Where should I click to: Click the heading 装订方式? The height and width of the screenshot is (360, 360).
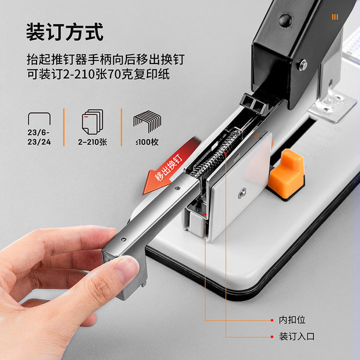coord(64,32)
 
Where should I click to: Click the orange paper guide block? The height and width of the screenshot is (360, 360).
coord(287,174)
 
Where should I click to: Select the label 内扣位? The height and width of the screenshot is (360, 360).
coord(292,320)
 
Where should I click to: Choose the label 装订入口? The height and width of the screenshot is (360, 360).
coord(296,336)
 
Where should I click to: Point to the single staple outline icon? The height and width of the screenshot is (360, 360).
coord(39,118)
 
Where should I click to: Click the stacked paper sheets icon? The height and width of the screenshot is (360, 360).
coord(92,121)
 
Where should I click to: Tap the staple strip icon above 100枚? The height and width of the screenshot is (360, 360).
coord(147,121)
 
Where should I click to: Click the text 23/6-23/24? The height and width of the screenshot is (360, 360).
coord(39,137)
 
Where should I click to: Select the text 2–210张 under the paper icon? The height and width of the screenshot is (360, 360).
coord(92,142)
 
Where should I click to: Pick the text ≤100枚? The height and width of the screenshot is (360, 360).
coord(147,142)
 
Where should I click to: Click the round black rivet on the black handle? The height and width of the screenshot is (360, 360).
coord(285,20)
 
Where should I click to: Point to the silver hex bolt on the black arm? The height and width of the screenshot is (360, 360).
coord(303,64)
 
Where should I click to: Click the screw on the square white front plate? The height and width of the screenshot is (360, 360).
coord(242,193)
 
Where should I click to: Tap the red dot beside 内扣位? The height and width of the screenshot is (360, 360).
coord(272,320)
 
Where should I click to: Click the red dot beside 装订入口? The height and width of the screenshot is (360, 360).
coord(272,337)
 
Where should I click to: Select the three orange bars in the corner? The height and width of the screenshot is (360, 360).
coord(335,17)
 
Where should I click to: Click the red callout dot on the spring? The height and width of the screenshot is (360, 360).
coord(225,153)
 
